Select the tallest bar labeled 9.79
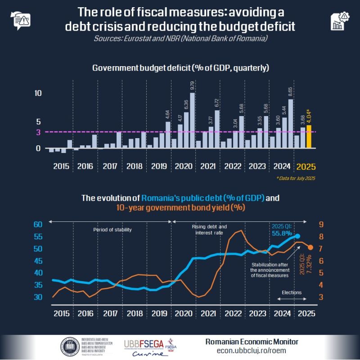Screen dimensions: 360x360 (x=192, y=120)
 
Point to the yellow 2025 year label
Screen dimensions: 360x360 (x=306, y=166)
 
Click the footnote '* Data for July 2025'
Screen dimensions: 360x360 (x=296, y=179)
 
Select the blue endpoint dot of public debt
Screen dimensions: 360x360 (x=297, y=235)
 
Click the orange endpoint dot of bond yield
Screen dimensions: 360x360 (x=310, y=247)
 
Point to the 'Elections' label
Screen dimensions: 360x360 (x=292, y=292)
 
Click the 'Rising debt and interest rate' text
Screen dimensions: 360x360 (x=209, y=229)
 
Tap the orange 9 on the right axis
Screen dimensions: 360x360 (x=321, y=225)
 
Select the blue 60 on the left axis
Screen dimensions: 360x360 (x=37, y=225)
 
